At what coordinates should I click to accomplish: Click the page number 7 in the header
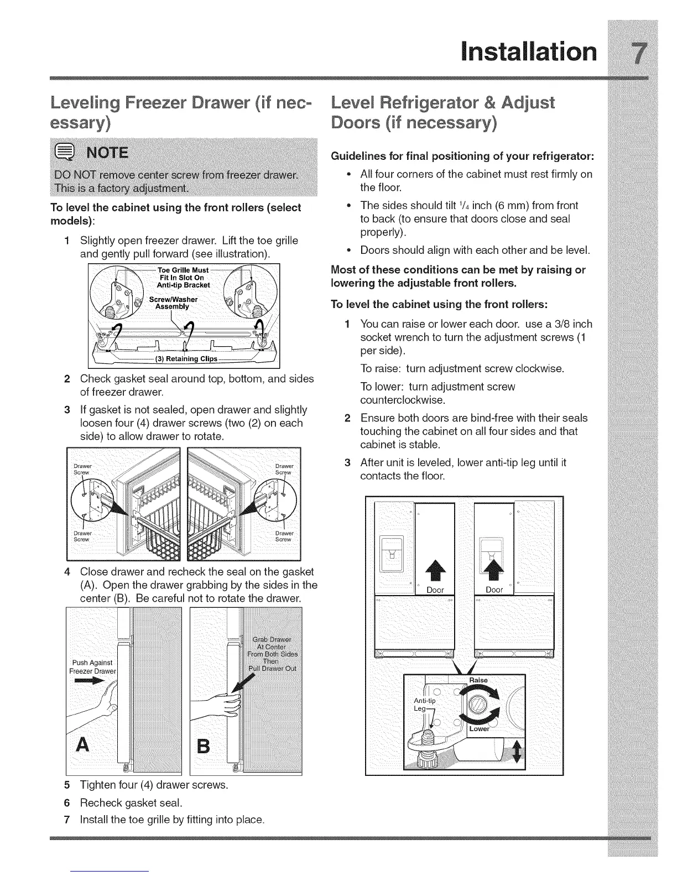click(639, 53)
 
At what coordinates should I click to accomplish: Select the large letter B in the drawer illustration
click(204, 747)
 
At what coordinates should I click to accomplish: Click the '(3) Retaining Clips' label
click(183, 359)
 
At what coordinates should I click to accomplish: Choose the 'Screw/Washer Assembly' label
click(172, 303)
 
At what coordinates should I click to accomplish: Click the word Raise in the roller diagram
click(478, 680)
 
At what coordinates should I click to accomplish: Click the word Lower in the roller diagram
click(479, 729)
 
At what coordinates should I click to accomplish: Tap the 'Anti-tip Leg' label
click(425, 705)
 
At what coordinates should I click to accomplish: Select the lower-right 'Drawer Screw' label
click(284, 536)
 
